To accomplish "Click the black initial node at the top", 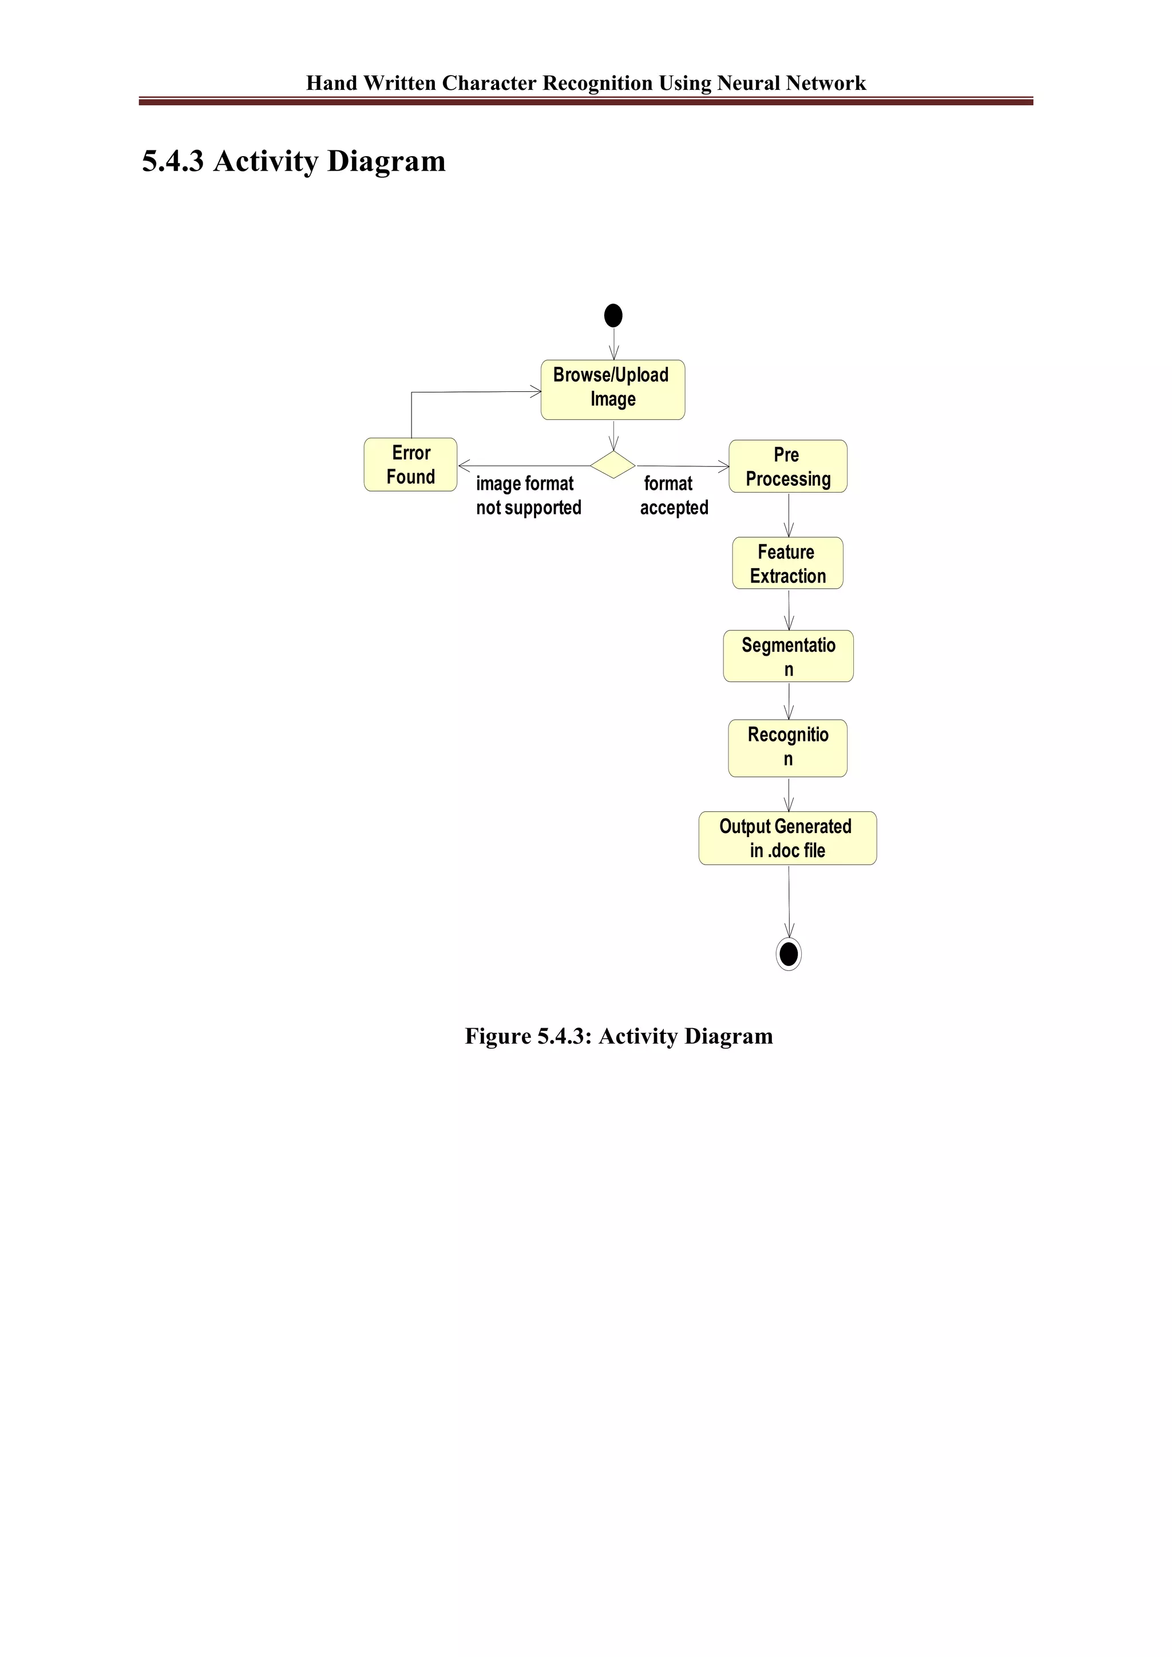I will tap(613, 315).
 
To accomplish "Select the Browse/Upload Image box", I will tap(613, 390).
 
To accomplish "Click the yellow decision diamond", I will tap(613, 465).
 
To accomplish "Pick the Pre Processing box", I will tap(787, 467).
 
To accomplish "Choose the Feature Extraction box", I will tap(787, 564).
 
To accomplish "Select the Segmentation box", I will tap(788, 656).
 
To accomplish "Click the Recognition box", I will tap(787, 748).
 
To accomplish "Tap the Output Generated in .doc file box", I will tap(787, 838).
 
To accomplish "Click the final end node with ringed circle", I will tap(789, 954).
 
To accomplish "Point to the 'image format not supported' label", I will tap(528, 496).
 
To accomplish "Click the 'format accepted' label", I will tap(674, 496).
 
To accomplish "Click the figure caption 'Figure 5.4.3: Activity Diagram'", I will tap(619, 1036).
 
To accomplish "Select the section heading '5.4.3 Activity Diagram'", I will tap(294, 161).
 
